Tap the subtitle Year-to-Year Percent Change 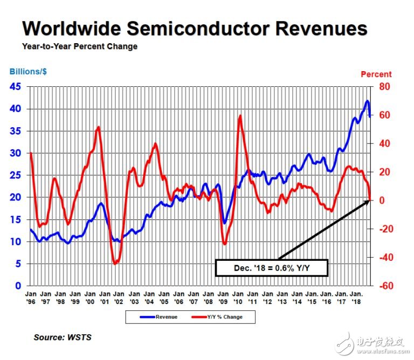pos(80,46)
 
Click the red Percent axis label pos(376,74)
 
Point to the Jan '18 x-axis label pos(356,299)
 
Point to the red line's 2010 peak pos(240,116)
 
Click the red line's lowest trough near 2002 pos(115,263)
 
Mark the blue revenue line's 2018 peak pos(367,101)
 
